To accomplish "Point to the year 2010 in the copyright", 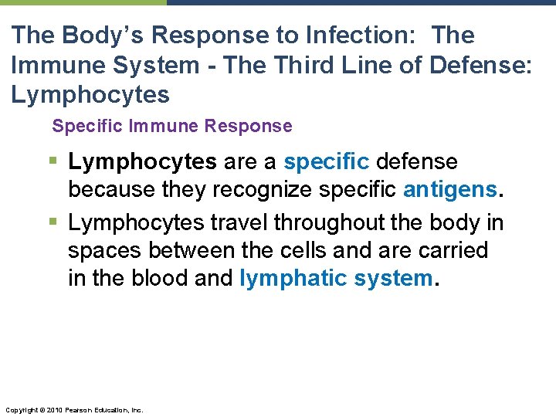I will point(53,409).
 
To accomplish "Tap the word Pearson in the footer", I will point(78,409).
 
